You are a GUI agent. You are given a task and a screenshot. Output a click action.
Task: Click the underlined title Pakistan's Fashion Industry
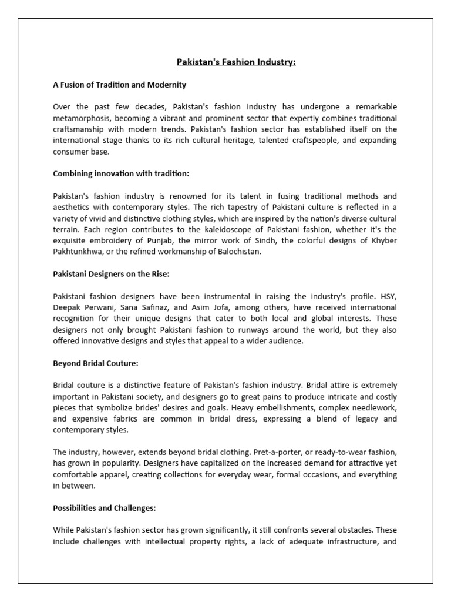pyautogui.click(x=237, y=62)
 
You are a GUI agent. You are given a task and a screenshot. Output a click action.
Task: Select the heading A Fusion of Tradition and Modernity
pyautogui.click(x=119, y=85)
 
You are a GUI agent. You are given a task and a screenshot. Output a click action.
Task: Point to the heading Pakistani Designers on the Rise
pyautogui.click(x=112, y=274)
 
